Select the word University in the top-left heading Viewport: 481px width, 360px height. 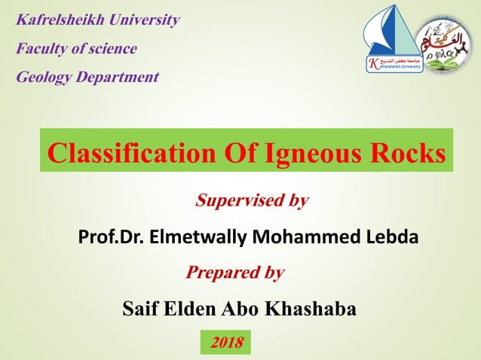142,20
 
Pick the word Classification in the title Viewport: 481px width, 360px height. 132,153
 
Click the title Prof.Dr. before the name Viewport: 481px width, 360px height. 112,237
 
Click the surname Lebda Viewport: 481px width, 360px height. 393,237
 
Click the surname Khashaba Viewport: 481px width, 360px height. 309,308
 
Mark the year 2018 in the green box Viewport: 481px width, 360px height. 227,343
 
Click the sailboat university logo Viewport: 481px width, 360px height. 393,41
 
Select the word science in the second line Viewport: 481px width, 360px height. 112,49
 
